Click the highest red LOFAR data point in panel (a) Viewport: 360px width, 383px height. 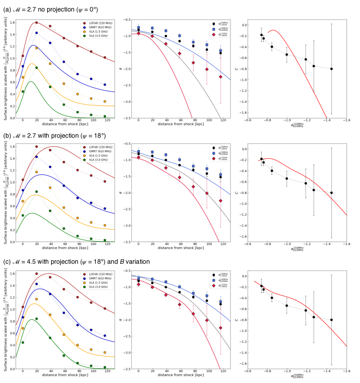click(x=36, y=23)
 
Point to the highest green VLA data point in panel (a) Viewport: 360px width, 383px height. click(x=36, y=68)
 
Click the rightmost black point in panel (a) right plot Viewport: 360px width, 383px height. click(x=331, y=69)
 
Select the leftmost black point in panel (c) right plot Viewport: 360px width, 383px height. click(x=261, y=286)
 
